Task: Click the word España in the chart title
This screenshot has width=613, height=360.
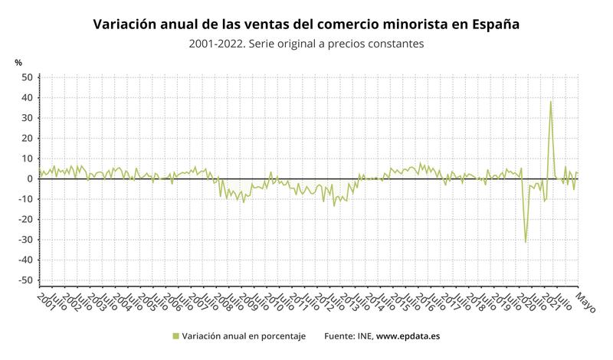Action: (493, 25)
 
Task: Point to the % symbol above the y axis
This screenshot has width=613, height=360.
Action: (18, 62)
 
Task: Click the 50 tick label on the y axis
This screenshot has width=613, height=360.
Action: (27, 77)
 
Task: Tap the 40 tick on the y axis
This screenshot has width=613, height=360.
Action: (27, 98)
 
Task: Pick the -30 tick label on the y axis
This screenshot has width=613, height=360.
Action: (25, 240)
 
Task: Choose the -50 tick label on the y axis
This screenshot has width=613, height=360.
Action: (25, 280)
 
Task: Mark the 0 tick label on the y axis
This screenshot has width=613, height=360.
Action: (30, 179)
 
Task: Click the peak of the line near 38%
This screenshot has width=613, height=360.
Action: (550, 102)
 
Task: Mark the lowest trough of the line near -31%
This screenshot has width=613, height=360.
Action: (526, 242)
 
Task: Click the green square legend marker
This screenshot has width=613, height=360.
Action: (175, 335)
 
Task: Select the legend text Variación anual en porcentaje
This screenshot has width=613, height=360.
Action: (244, 335)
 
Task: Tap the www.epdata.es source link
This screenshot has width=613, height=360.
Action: (408, 335)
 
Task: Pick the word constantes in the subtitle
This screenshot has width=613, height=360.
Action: (389, 44)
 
